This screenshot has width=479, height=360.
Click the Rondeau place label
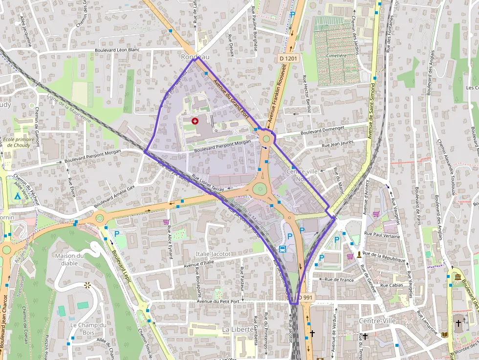(195, 57)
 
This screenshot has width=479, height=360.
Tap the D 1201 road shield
(288, 58)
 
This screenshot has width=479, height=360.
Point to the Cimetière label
(336, 56)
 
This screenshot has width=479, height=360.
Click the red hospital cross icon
(195, 120)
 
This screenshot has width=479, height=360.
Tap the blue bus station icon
(283, 249)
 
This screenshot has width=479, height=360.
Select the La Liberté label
(238, 330)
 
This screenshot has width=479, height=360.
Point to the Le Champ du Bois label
(88, 329)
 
